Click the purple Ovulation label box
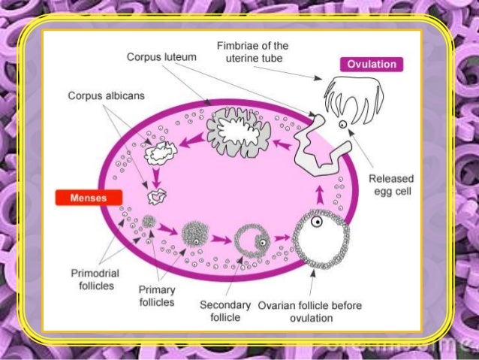point(372,64)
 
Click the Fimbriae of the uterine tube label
point(252,52)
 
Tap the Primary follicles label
point(157,295)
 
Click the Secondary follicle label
point(224,311)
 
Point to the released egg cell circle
point(343,123)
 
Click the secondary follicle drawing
point(252,239)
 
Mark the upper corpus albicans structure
point(160,153)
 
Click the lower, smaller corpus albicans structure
point(158,197)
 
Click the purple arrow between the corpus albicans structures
point(155,177)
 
